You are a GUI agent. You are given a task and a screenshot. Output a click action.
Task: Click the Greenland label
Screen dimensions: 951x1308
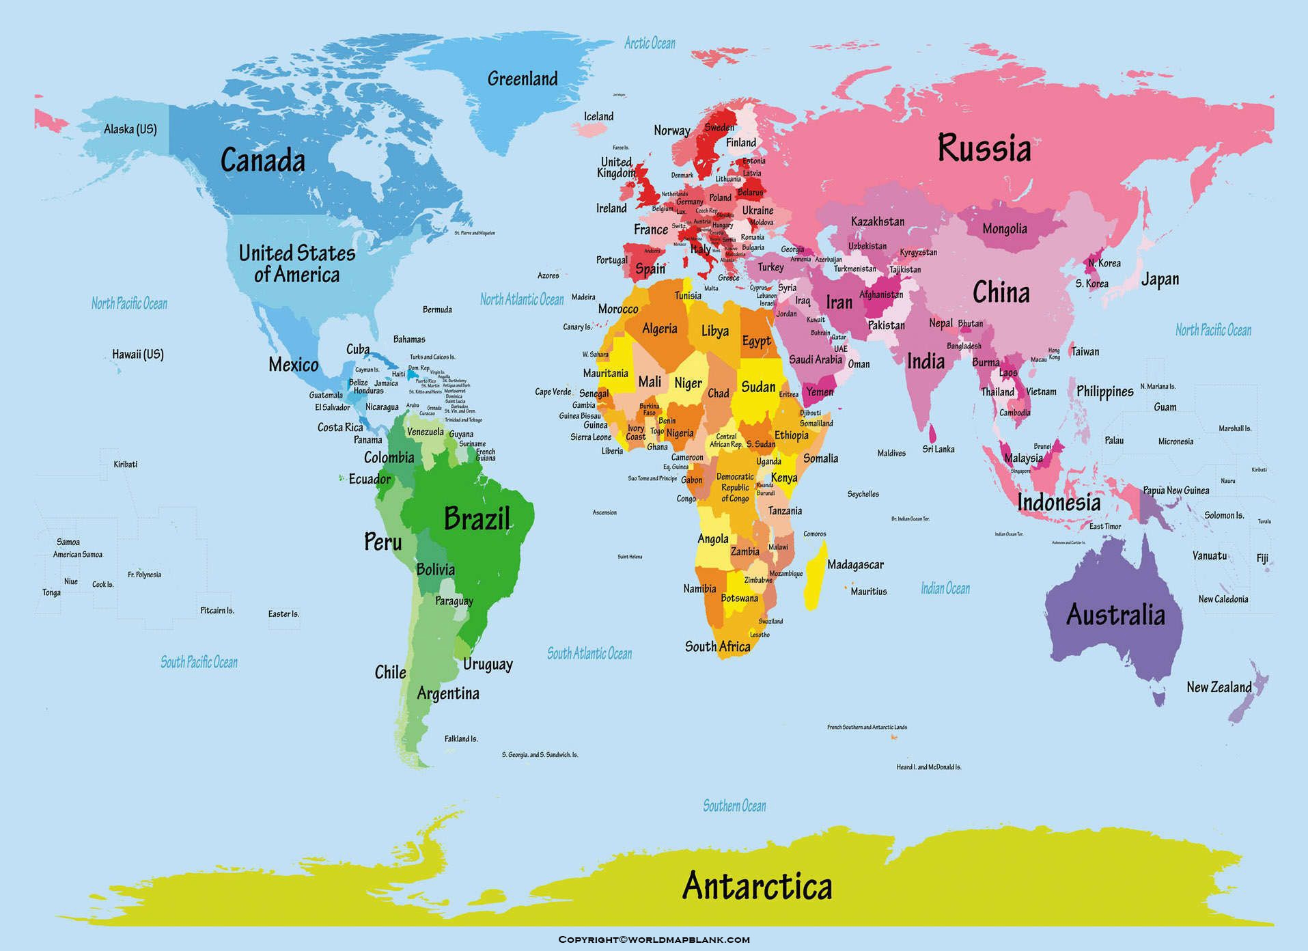pos(523,79)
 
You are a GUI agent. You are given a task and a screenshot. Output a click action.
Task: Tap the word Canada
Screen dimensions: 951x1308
pos(262,161)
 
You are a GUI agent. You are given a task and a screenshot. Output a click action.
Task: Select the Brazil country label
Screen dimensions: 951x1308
pos(477,519)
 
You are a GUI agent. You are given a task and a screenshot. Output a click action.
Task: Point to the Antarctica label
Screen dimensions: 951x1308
pos(757,886)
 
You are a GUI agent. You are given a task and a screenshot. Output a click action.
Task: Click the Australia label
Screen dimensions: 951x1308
pos(1115,615)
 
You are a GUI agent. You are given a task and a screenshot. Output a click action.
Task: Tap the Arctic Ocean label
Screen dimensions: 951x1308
pos(650,44)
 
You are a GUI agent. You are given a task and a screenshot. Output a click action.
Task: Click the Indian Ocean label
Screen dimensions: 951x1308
pos(945,588)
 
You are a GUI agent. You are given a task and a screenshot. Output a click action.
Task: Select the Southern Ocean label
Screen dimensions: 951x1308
pos(734,806)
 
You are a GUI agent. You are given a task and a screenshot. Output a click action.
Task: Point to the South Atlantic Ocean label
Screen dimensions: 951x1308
pos(589,654)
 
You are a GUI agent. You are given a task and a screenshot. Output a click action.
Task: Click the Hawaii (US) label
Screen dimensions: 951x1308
pos(138,355)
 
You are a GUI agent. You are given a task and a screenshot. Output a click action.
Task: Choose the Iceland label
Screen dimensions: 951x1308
pos(598,117)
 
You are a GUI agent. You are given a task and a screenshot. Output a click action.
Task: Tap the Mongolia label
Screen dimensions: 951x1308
pos(1004,229)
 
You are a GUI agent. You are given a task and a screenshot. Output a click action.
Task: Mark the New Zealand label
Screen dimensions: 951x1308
pos(1219,687)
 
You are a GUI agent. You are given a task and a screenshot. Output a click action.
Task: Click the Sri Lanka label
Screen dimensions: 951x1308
pos(938,450)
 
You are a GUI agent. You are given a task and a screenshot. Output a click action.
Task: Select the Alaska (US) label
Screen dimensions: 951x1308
pos(130,129)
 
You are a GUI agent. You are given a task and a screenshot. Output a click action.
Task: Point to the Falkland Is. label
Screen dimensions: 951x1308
pos(461,739)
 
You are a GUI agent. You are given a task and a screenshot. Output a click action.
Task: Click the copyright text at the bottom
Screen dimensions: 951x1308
pos(654,940)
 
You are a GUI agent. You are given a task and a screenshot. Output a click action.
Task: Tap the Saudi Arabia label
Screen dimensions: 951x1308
pos(816,360)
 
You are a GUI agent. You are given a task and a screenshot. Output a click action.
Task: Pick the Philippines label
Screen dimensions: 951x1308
pos(1104,391)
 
